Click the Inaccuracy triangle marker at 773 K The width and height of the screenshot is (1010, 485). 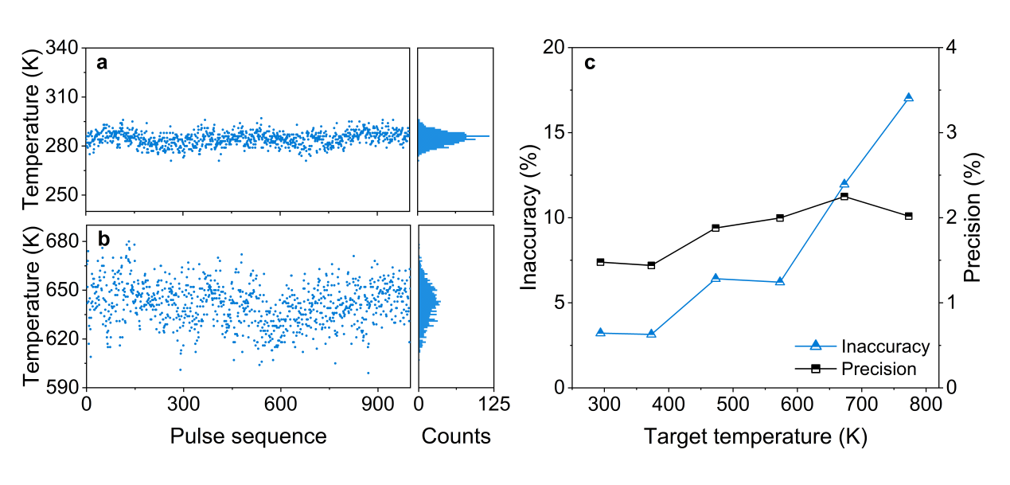(x=908, y=98)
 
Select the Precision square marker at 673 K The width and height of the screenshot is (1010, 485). (x=844, y=196)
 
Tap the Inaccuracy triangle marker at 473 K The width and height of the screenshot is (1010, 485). (x=716, y=279)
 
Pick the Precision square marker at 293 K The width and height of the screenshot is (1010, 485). (x=600, y=262)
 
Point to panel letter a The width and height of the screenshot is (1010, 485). (x=102, y=64)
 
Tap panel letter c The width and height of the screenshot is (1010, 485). (x=590, y=64)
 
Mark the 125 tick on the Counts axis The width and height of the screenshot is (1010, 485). (x=493, y=405)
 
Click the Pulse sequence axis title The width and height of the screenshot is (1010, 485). (x=248, y=436)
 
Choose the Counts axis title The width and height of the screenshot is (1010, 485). (x=456, y=436)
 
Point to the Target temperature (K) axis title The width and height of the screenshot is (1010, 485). (x=755, y=436)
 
